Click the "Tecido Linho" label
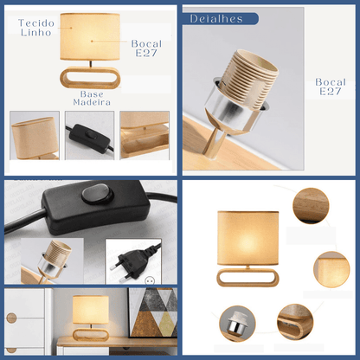(36, 28)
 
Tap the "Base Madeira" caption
(92, 98)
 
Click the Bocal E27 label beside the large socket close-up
(331, 87)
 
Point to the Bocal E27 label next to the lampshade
(146, 48)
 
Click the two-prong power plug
(137, 261)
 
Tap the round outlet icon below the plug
(150, 280)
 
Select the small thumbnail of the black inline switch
(90, 135)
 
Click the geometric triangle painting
(153, 312)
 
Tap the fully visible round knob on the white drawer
(11, 318)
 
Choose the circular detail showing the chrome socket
(237, 324)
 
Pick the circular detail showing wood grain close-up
(311, 206)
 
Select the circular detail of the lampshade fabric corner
(331, 269)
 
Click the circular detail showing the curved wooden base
(295, 322)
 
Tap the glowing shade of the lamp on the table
(91, 310)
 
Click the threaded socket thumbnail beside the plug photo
(53, 260)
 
